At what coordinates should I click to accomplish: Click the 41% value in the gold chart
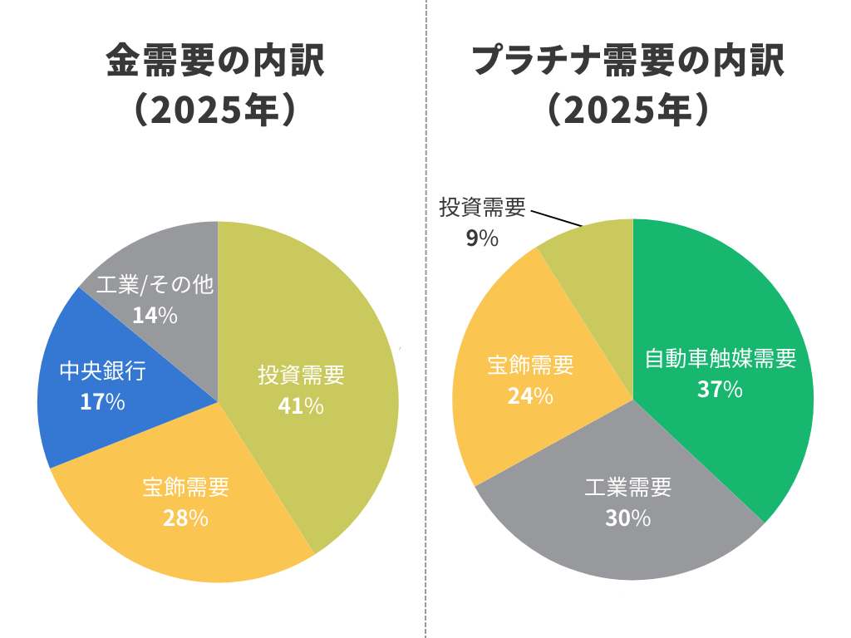pyautogui.click(x=301, y=405)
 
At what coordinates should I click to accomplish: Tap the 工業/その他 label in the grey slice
pyautogui.click(x=155, y=285)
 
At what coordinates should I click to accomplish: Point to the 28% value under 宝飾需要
pyautogui.click(x=185, y=518)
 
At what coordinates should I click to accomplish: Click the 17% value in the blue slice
pyautogui.click(x=102, y=402)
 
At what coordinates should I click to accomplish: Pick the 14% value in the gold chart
pyautogui.click(x=155, y=316)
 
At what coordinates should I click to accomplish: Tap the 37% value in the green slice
pyautogui.click(x=720, y=389)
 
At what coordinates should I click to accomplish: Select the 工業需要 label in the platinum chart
pyautogui.click(x=628, y=488)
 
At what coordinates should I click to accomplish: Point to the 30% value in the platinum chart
pyautogui.click(x=628, y=518)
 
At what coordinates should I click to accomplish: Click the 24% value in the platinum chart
pyautogui.click(x=530, y=395)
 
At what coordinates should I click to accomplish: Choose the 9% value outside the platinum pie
pyautogui.click(x=482, y=238)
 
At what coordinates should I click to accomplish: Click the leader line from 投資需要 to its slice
pyautogui.click(x=557, y=218)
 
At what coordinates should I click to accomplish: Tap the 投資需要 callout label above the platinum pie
pyautogui.click(x=483, y=208)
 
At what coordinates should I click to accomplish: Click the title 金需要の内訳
pyautogui.click(x=214, y=61)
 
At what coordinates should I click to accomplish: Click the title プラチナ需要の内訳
pyautogui.click(x=628, y=61)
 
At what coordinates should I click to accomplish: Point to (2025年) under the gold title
pyautogui.click(x=214, y=110)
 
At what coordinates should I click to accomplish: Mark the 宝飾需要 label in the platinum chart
pyautogui.click(x=530, y=365)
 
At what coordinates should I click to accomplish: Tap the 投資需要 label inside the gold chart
pyautogui.click(x=301, y=375)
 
